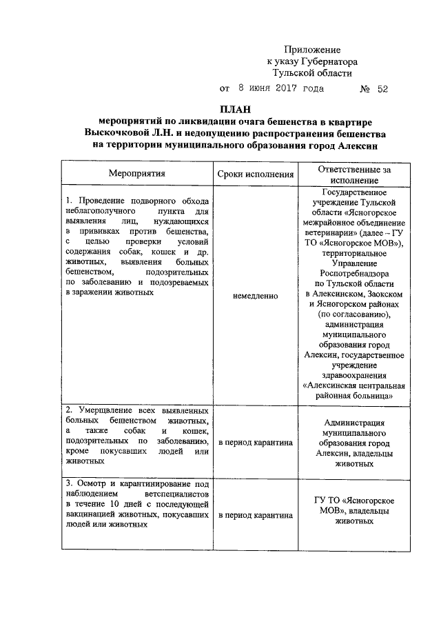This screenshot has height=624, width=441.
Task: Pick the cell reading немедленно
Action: click(255, 296)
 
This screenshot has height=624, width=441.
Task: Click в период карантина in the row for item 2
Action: click(255, 442)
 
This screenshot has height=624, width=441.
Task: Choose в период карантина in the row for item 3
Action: click(255, 515)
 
